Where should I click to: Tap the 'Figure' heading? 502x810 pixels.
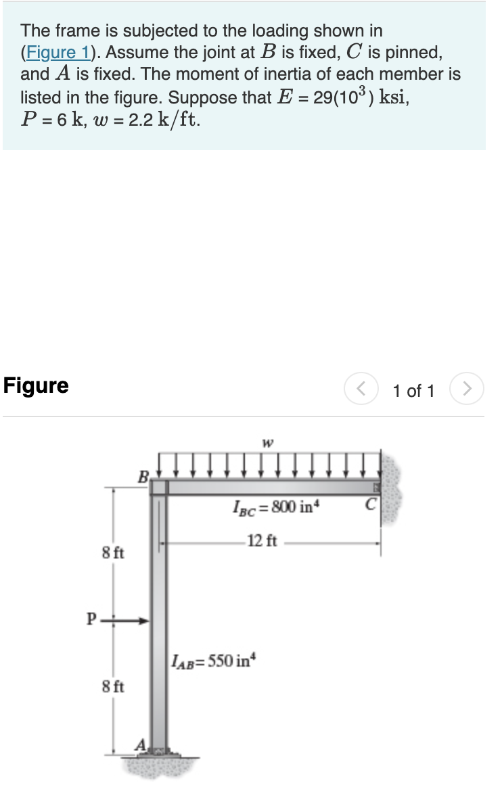(36, 386)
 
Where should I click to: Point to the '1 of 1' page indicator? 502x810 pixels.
(413, 391)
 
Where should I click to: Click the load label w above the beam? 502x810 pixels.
(268, 444)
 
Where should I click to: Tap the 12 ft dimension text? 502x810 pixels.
(262, 540)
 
